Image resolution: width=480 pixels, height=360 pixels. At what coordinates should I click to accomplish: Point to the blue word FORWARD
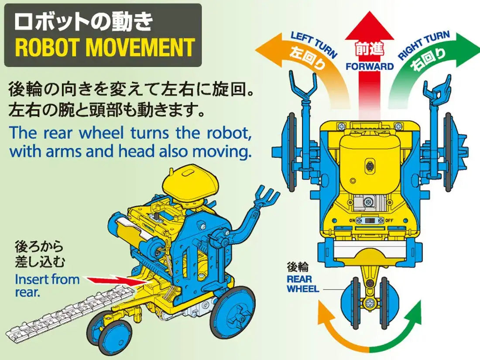370,67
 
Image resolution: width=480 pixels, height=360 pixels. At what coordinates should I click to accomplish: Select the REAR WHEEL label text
302,284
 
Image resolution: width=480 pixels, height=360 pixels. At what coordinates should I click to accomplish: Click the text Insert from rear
47,285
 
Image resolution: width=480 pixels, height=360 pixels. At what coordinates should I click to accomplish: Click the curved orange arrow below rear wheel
336,332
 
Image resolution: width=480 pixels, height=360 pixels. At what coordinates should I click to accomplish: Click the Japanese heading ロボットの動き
83,22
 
